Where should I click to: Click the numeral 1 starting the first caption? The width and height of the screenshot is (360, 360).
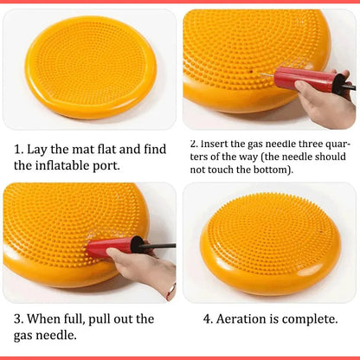click(18, 150)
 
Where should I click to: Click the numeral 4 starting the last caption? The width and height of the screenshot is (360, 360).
click(208, 318)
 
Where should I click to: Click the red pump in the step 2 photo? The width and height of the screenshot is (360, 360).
click(304, 79)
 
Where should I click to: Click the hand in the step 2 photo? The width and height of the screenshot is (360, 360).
click(325, 100)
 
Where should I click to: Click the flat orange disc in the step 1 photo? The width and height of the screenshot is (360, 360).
click(90, 67)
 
